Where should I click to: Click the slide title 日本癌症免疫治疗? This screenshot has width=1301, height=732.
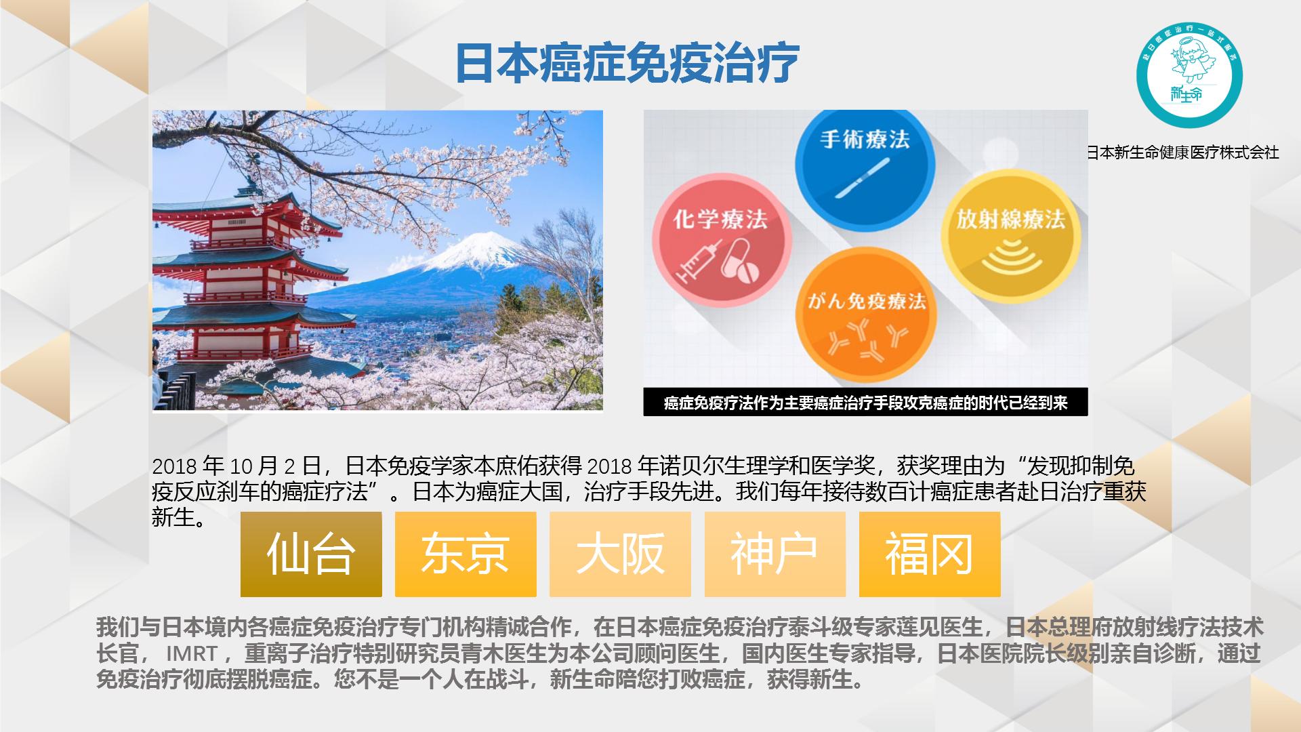coord(627,64)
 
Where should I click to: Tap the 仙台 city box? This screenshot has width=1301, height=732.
coord(311,554)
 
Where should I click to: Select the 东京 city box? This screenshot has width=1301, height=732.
coord(466,554)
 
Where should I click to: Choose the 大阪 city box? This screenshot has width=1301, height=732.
coord(620,554)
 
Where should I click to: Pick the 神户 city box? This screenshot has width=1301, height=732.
coord(775,554)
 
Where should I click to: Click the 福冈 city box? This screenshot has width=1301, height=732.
coord(930,554)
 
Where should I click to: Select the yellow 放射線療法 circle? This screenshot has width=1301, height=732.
coord(1010,236)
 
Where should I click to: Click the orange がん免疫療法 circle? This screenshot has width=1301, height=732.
coord(867,318)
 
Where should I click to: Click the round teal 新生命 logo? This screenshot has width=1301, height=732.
coord(1189,75)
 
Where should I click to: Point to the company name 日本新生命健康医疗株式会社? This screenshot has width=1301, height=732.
coord(1183,152)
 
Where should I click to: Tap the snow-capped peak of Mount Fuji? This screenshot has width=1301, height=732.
coord(474,247)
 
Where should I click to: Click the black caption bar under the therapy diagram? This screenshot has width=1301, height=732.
coord(865,403)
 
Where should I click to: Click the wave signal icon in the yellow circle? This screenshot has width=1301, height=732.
coord(1010,258)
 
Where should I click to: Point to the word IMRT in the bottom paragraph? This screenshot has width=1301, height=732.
coord(192,653)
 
